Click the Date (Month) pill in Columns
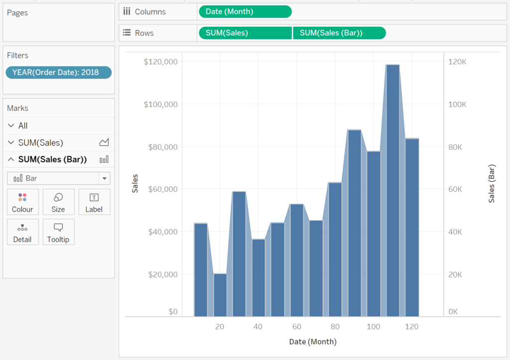tap(245, 12)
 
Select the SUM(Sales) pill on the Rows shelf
tap(245, 33)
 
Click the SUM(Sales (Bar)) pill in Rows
tap(339, 33)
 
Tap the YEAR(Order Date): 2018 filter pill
tap(59, 72)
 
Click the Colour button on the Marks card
tap(23, 202)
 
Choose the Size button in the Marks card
tap(59, 202)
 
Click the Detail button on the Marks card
tap(23, 232)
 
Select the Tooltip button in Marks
tap(59, 232)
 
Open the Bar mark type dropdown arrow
tap(105, 178)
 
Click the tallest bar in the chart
tap(392, 191)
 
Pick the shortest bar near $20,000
tap(220, 295)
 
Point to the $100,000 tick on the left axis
tap(161, 105)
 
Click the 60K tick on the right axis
tap(455, 189)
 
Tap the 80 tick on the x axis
tap(335, 327)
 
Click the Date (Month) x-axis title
tap(313, 342)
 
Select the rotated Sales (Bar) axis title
tap(492, 184)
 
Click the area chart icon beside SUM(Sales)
tap(104, 142)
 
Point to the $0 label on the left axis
tap(173, 312)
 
